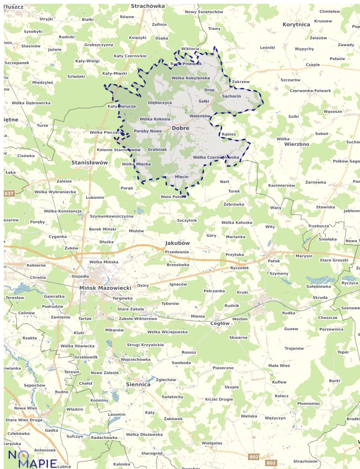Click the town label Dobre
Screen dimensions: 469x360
point(180,128)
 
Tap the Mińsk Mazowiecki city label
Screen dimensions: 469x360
point(105,287)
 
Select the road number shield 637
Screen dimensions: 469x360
point(9,193)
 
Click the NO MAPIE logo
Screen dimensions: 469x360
point(32,458)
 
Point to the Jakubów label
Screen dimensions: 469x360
point(178,243)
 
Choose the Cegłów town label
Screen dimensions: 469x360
point(220,323)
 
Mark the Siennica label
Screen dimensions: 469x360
point(138,384)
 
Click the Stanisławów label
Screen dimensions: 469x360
point(90,162)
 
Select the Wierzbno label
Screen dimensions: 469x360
point(297,144)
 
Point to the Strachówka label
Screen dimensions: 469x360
point(148,6)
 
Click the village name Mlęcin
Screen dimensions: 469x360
point(181,177)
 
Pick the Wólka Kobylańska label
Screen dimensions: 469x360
point(191,78)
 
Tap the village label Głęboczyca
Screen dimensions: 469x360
point(160,102)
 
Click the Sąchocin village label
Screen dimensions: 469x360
point(232,96)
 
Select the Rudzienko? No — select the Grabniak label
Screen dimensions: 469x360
point(157,149)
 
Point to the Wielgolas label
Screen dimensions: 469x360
point(212,443)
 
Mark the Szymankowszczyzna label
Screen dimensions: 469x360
point(112,216)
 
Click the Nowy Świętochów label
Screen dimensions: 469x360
point(204,11)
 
